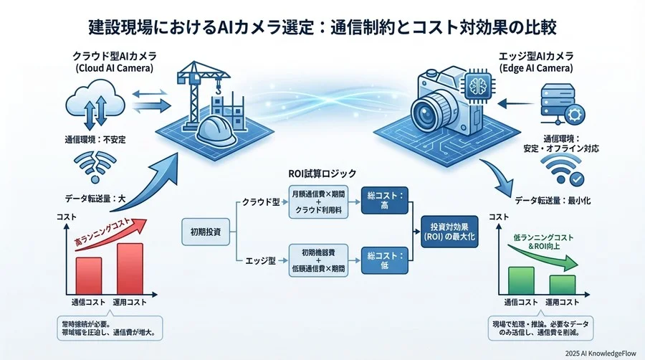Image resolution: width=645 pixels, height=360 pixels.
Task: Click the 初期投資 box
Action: coord(206,232)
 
